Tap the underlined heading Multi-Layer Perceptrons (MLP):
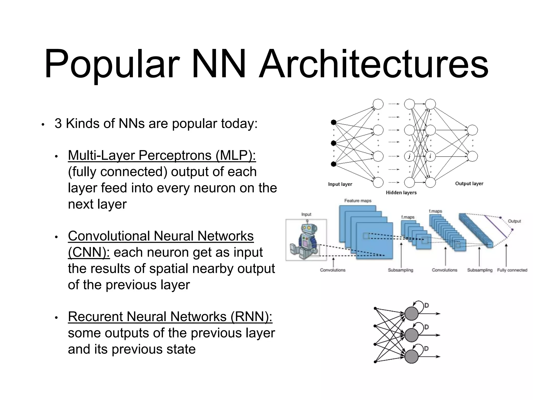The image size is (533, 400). click(x=162, y=155)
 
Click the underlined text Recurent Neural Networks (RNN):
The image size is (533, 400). click(x=170, y=317)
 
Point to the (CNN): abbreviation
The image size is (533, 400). click(x=89, y=252)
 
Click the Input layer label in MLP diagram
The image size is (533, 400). click(x=340, y=184)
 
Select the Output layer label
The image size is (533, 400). click(x=469, y=184)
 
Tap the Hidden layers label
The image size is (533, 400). click(x=401, y=193)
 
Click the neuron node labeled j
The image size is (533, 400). click(x=409, y=156)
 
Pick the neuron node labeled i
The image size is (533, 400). click(x=430, y=156)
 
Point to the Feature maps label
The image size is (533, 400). click(x=358, y=201)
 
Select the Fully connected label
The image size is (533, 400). click(x=512, y=270)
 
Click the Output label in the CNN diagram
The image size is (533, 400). click(x=514, y=221)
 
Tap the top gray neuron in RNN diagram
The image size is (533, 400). click(x=411, y=314)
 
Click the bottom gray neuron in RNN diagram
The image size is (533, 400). click(x=411, y=357)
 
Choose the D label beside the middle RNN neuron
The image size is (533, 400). click(x=427, y=327)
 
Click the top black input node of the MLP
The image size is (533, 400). click(x=333, y=122)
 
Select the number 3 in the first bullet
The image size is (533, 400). click(x=58, y=123)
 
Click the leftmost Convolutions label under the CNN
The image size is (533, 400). click(x=333, y=270)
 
